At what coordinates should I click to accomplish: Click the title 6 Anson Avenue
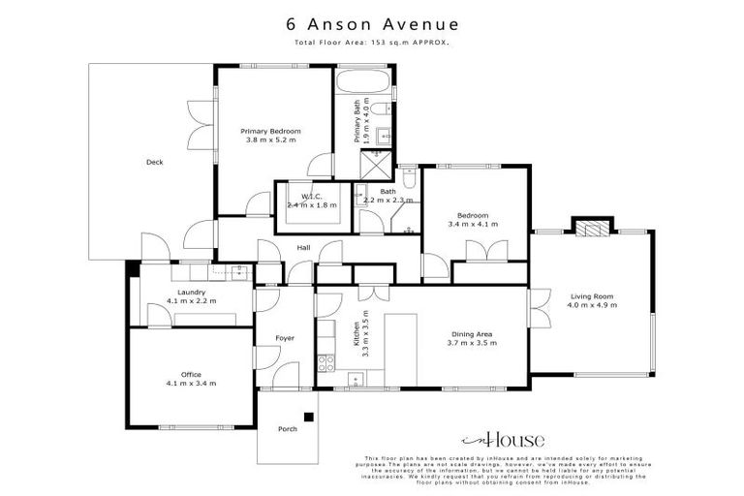point(371,24)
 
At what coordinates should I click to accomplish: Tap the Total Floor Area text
point(371,44)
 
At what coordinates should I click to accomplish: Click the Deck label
point(154,162)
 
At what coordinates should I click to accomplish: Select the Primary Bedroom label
point(271,130)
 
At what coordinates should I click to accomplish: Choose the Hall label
point(303,247)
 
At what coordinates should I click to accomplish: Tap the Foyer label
point(285,337)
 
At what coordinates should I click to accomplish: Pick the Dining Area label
point(472,333)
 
